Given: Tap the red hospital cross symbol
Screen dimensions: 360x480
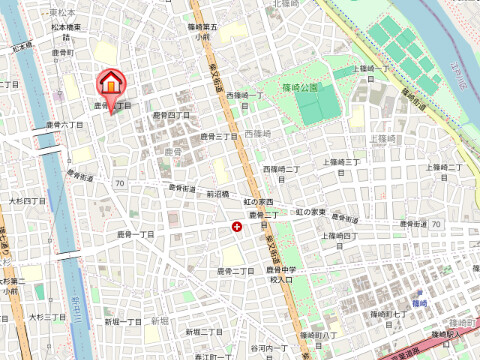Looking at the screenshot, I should click(236, 227).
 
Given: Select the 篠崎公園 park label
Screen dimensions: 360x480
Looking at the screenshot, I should click(299, 87).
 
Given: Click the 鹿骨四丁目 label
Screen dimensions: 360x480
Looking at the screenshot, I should click(171, 116).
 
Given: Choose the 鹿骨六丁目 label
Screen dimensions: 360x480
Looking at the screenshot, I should click(64, 125).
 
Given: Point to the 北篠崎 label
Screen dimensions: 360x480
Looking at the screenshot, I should click(284, 4).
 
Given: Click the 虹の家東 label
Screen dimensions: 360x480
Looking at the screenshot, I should click(310, 212).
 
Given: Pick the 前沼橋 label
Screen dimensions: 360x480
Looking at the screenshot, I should click(218, 194).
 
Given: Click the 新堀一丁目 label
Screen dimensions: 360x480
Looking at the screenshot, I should click(124, 322).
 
